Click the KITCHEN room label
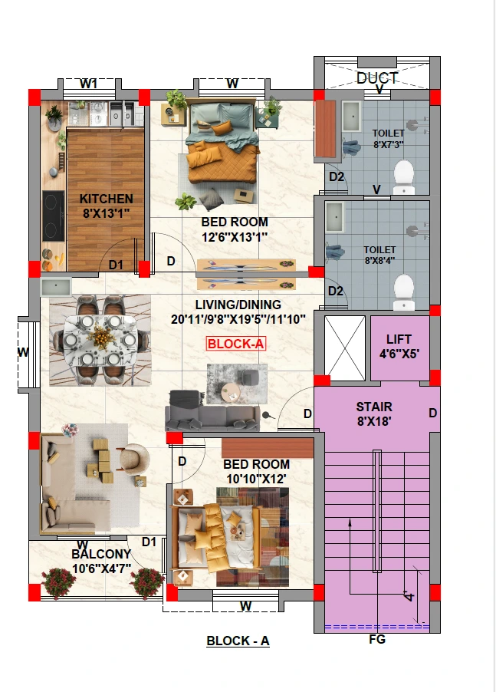(107, 199)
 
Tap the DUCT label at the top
(377, 78)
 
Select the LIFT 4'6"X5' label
(399, 346)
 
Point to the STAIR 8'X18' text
(374, 414)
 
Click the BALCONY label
(101, 554)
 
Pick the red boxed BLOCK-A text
(236, 344)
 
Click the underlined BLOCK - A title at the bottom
(238, 641)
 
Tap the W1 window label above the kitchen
(89, 84)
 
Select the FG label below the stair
(377, 639)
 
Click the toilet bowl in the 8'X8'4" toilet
(403, 292)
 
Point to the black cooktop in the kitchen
(54, 216)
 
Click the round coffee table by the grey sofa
(231, 392)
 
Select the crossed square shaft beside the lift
(345, 348)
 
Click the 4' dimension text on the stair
(409, 596)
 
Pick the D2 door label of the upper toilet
(337, 176)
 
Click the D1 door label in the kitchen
(116, 265)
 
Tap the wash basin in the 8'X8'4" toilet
(335, 217)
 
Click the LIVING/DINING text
(238, 305)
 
